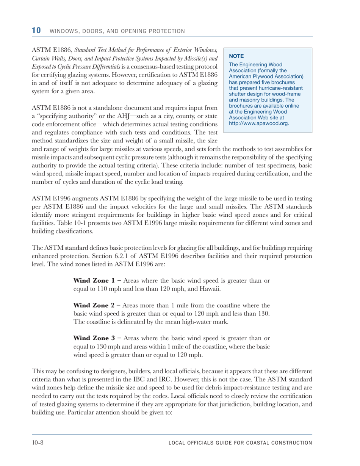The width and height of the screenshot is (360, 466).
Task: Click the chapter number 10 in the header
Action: click(x=36, y=30)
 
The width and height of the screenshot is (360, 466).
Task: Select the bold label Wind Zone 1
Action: click(x=94, y=281)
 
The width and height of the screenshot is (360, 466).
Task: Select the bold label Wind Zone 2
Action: click(x=94, y=305)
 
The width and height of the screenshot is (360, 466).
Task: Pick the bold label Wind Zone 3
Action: click(x=94, y=338)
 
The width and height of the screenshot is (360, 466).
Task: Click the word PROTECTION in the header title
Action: click(x=165, y=31)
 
